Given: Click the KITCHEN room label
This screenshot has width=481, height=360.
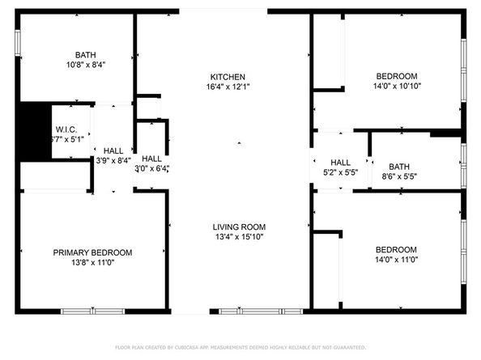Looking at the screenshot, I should (223, 76).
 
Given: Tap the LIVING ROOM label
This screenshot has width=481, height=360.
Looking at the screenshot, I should (239, 227).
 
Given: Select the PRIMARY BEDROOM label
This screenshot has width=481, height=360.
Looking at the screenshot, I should (92, 252).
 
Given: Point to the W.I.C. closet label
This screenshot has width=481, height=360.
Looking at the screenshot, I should (66, 129).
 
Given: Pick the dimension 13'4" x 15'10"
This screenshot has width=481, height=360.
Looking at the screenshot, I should (239, 236).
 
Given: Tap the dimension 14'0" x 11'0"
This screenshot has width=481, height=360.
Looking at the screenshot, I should (397, 259).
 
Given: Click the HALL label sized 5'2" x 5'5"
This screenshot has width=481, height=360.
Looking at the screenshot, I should (340, 163).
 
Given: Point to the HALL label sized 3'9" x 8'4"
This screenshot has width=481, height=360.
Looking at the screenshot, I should (113, 150).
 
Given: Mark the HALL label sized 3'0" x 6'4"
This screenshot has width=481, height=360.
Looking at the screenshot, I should (151, 159).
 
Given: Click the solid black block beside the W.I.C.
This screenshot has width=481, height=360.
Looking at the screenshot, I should (33, 131).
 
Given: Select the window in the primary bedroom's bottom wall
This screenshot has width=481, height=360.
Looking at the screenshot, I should (92, 311).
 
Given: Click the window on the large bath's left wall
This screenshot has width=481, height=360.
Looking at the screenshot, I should (18, 42).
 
